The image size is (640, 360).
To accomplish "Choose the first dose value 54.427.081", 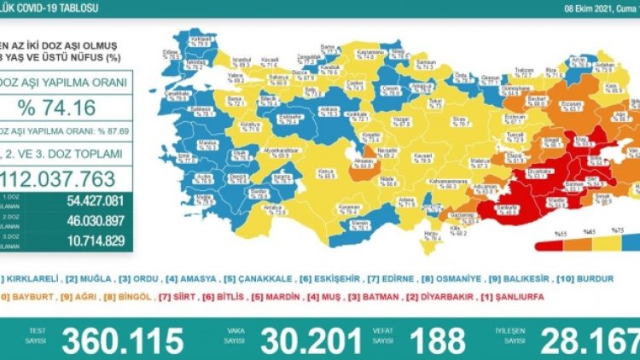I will pos(85,201).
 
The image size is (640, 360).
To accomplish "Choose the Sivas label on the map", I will pos(438,120).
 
